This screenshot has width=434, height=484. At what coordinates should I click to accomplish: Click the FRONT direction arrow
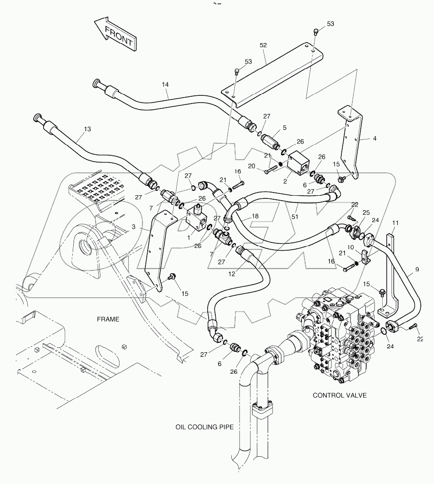(115, 34)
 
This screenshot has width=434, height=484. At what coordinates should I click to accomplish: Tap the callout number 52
(263, 45)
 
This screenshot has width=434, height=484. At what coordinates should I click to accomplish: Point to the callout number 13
(87, 129)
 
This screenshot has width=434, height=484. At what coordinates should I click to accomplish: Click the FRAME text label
(108, 319)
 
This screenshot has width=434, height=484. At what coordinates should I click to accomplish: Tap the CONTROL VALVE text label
(339, 395)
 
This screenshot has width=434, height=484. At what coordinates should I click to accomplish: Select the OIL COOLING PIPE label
(205, 427)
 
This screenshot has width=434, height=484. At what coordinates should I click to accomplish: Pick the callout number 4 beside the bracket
(374, 138)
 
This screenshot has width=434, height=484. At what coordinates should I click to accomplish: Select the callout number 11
(395, 223)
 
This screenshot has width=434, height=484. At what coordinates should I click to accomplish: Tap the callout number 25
(366, 212)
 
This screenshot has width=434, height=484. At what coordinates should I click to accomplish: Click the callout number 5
(284, 128)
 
